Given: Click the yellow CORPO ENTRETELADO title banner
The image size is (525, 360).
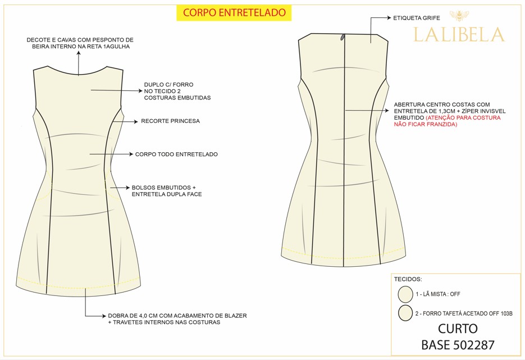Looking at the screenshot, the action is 234,13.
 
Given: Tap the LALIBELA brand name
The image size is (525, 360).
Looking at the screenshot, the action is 459,35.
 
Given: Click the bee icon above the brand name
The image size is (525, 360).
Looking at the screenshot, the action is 459,15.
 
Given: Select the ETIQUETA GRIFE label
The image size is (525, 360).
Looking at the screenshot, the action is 417,18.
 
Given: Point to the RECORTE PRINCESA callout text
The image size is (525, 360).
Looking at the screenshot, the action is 171,121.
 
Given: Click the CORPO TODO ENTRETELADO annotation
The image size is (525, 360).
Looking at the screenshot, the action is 176,154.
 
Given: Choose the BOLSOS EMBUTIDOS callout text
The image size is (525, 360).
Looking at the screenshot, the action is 167,191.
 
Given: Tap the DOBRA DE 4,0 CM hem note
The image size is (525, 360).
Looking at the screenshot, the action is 177,319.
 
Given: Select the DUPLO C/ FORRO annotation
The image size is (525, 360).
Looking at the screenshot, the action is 177,91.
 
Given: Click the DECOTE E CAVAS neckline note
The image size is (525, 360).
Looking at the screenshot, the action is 80,43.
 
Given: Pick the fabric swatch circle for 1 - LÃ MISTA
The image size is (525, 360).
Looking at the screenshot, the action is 405,294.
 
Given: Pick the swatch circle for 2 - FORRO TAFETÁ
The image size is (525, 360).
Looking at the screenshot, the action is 405,313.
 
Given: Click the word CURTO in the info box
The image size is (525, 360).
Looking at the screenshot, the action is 458,329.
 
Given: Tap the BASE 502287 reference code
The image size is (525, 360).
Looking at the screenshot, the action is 458,345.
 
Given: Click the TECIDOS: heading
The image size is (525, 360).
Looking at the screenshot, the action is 408,279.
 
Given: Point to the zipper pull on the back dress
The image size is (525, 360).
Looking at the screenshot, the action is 343,37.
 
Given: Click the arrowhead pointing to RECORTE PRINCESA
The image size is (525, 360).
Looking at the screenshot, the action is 136,121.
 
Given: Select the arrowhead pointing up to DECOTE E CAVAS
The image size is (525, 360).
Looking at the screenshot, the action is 79,53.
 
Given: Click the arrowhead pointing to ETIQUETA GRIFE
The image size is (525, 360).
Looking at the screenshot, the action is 389,18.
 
